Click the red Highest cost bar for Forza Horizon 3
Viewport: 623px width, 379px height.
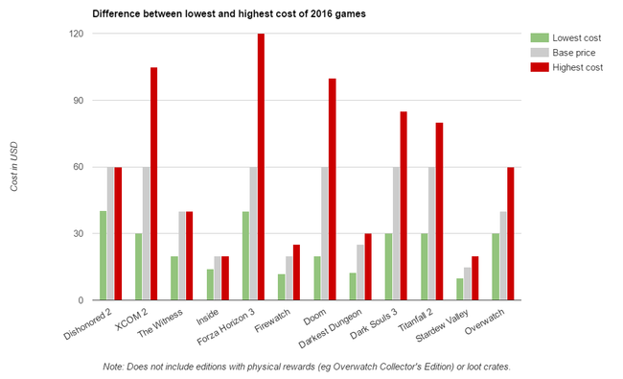click(261, 167)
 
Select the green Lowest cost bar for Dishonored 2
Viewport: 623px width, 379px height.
click(104, 255)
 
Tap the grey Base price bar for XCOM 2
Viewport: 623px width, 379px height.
click(147, 233)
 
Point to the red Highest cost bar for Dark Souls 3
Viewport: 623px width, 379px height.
click(403, 205)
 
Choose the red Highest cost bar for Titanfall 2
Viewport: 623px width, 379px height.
click(439, 211)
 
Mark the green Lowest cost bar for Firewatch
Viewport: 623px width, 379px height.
click(280, 287)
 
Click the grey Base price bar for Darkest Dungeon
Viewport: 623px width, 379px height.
click(359, 272)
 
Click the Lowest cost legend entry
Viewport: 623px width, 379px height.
click(570, 37)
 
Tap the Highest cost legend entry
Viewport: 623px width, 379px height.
click(571, 66)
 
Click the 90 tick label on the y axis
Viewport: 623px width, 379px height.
click(77, 100)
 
